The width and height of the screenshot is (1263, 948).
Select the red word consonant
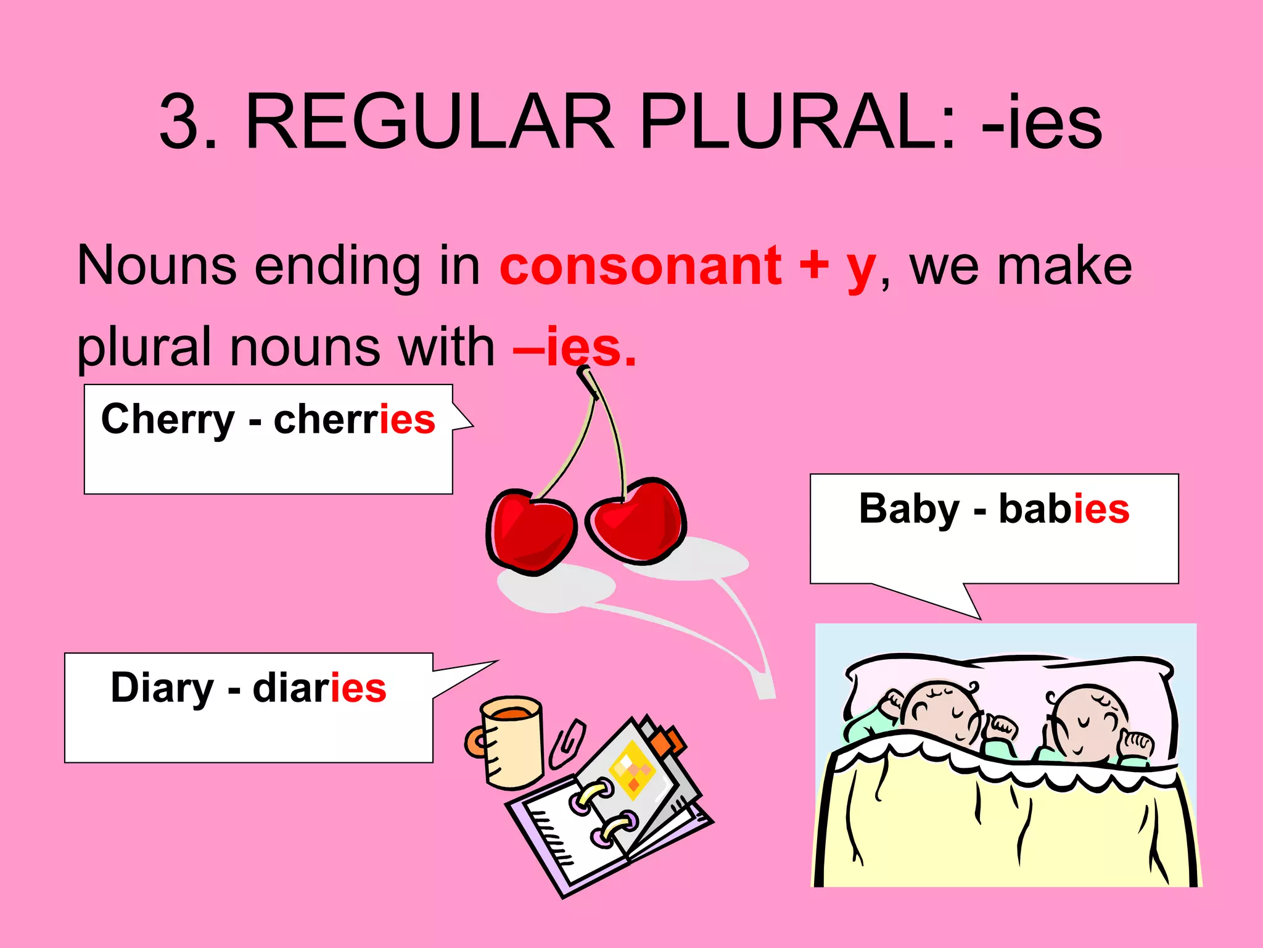tap(640, 267)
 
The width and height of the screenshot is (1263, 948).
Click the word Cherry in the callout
tap(168, 420)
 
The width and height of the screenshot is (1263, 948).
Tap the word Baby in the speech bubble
tap(909, 510)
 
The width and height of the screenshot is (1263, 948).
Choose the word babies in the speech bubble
tap(1064, 510)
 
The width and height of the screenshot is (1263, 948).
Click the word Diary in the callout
tap(162, 688)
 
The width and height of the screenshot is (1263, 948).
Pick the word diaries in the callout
tap(319, 688)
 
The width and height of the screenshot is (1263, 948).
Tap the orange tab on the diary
tap(669, 741)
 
